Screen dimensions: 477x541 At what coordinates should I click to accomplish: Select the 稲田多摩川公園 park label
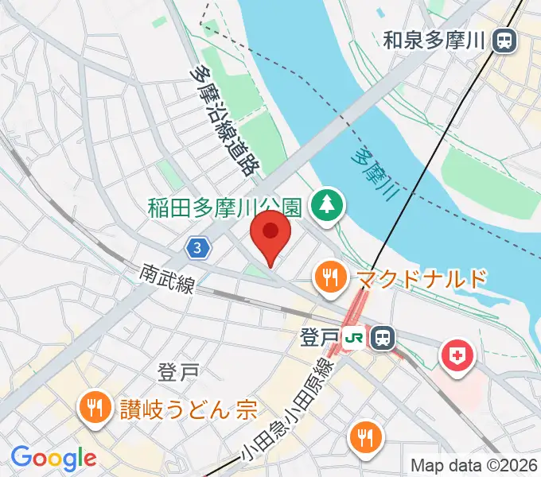[224, 207]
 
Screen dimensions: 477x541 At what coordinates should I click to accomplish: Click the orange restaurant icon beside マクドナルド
[329, 277]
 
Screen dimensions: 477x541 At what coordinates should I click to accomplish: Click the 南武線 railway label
[165, 277]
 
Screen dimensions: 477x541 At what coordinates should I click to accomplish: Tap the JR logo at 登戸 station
[356, 337]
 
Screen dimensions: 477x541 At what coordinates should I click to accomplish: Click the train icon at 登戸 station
[383, 337]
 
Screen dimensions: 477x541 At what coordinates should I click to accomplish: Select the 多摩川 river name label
[373, 173]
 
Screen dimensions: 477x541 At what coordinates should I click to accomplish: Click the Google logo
[53, 457]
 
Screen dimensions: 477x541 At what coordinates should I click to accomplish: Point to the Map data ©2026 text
[474, 464]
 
